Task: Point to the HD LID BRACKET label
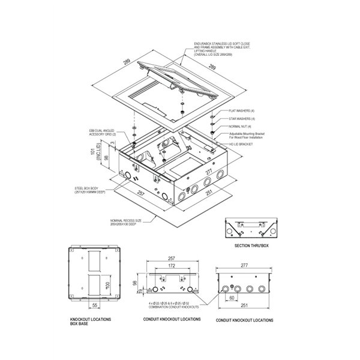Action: [242, 145]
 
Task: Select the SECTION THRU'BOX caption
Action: [248, 246]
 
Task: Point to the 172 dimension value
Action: [172, 265]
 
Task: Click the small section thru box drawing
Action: [248, 229]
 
